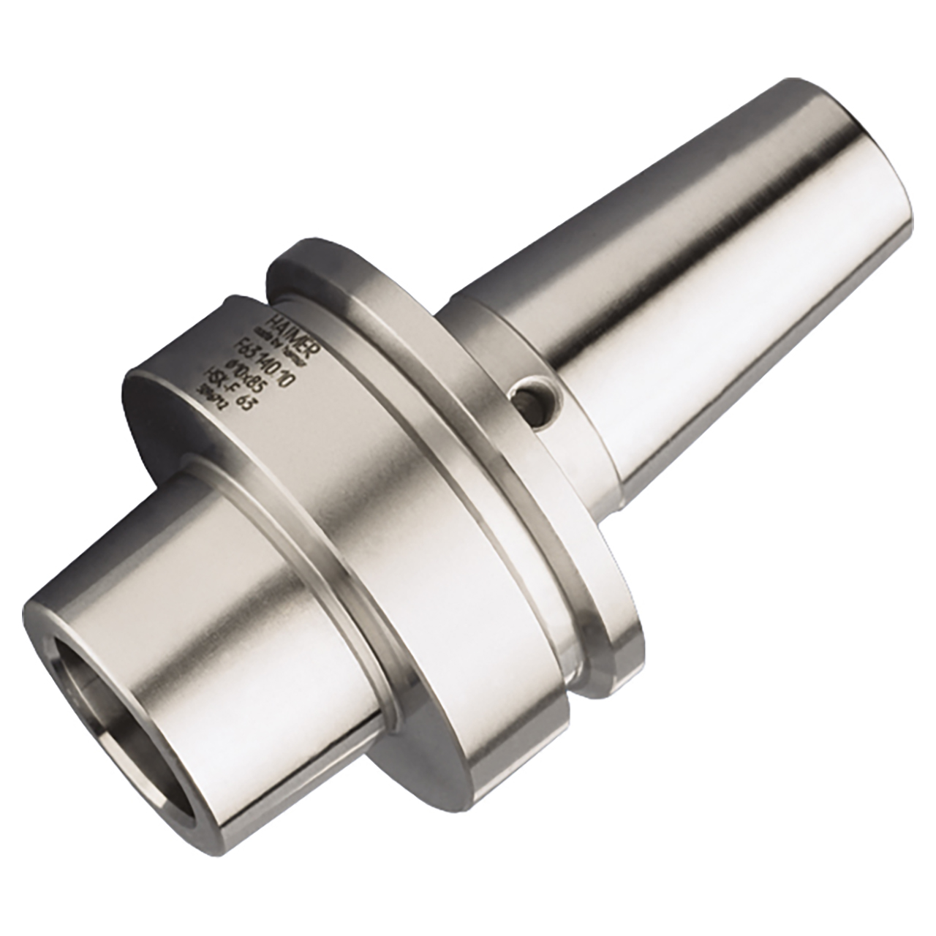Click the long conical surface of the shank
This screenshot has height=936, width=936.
pyautogui.click(x=695, y=307)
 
